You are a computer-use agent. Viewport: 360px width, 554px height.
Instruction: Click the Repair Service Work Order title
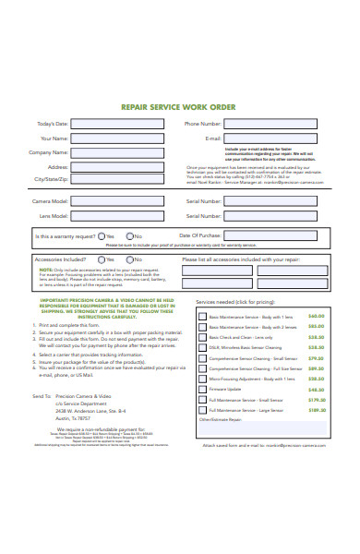coord(180,107)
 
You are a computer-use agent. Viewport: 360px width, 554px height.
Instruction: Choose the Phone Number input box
coord(277,124)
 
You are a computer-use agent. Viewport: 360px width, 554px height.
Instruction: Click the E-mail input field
coord(277,138)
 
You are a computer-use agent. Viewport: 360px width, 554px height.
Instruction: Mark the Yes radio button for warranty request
coord(99,235)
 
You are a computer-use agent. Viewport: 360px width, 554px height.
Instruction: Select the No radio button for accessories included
coord(129,259)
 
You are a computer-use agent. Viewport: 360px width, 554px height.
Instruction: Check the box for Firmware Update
coord(202,390)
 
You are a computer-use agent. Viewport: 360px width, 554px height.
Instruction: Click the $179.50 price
coord(317,399)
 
